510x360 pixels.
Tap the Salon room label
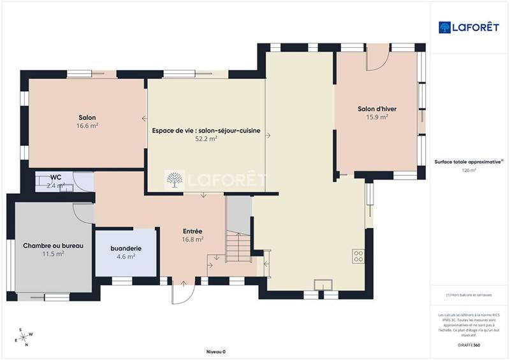(x=87, y=118)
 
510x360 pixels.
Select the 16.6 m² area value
(x=87, y=126)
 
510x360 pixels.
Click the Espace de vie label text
(x=206, y=130)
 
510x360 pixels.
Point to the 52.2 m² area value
(x=206, y=138)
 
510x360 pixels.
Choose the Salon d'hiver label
(x=377, y=109)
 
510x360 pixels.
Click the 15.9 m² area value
(x=377, y=117)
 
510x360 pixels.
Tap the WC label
(x=56, y=177)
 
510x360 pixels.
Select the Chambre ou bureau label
(x=54, y=245)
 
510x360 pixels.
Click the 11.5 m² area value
(x=54, y=254)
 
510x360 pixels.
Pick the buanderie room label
(x=126, y=248)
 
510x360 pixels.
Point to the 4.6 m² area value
(x=126, y=256)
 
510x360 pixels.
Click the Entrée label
(x=193, y=231)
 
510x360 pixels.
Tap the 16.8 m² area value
(x=193, y=240)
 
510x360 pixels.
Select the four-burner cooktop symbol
(x=358, y=256)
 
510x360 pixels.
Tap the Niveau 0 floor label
(x=215, y=352)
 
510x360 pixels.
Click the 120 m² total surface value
(x=469, y=171)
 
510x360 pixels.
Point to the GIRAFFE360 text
(x=469, y=344)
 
